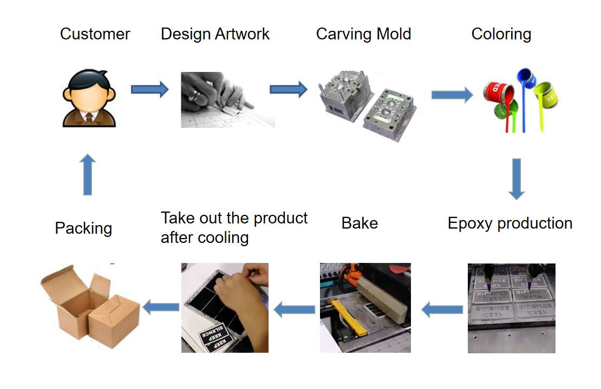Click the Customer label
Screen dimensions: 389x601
point(95,34)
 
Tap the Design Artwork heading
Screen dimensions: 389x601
point(215,34)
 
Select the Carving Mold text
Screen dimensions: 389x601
point(363,34)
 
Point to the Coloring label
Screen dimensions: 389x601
point(501,34)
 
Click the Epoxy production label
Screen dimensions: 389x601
point(509,223)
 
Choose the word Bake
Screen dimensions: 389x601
point(360,223)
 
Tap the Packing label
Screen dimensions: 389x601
point(83,228)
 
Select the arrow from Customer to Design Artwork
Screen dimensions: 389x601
point(149,89)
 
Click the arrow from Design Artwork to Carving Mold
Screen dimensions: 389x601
point(288,89)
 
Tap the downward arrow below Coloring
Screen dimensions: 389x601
point(517,179)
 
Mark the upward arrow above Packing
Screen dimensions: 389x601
point(87,174)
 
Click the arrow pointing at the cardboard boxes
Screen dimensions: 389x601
point(161,307)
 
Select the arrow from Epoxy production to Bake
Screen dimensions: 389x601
point(442,310)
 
